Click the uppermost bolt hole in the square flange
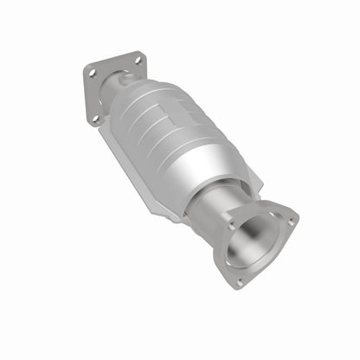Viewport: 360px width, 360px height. [136, 60]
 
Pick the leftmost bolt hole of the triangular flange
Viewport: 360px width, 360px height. [232, 226]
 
